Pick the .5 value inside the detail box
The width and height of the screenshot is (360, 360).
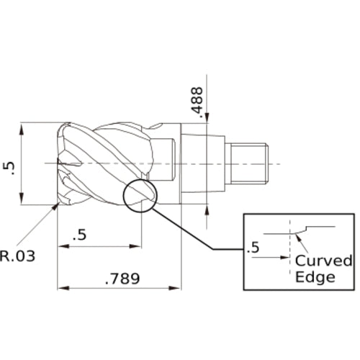click(253, 248)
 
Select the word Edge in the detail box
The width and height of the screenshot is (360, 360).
click(315, 276)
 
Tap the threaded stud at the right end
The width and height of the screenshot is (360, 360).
click(248, 163)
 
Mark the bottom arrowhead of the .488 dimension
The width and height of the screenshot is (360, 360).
click(208, 210)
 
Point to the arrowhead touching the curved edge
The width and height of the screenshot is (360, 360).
click(297, 235)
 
